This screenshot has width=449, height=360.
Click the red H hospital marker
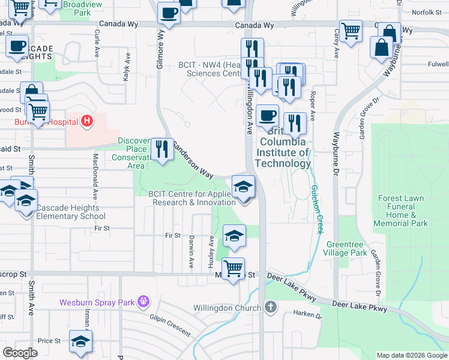coord(88,122)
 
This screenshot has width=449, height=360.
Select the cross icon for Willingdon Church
coord(271,308)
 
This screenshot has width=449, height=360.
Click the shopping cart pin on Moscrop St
coord(233,268)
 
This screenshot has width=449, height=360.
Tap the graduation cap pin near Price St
coord(80,341)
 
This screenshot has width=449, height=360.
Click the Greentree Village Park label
coord(346,248)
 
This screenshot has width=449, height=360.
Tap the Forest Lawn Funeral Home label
coord(401,211)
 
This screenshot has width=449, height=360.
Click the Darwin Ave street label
coord(191,256)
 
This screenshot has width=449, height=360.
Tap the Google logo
coord(20,353)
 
